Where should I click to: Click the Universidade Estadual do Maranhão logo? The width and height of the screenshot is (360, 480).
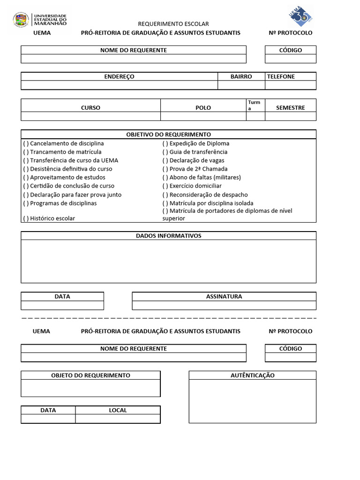40,20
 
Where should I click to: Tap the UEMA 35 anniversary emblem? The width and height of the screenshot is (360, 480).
299,16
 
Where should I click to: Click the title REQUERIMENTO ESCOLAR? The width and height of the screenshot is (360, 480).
173,24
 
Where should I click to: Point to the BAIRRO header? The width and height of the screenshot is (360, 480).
241,76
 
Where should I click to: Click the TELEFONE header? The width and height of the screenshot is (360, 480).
281,76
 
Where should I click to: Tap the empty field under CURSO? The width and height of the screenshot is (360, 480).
90,116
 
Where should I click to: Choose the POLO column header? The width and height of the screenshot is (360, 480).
203,107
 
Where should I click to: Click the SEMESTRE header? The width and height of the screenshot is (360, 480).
290,107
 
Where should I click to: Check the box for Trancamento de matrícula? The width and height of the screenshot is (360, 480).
26,152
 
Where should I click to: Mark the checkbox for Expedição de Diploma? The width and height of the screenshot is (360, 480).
165,143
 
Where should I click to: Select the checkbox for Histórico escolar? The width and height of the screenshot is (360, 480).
26,218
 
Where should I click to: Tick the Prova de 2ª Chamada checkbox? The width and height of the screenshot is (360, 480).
165,169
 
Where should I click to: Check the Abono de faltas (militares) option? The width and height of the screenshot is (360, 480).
165,177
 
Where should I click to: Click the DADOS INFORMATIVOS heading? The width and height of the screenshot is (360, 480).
168,236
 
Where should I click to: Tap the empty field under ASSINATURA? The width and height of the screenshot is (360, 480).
224,306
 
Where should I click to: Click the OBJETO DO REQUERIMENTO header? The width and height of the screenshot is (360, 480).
90,375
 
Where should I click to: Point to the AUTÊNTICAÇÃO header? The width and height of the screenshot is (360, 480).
252,375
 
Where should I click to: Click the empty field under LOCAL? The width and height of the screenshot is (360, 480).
118,419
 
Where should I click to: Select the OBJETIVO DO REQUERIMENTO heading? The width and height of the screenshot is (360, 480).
168,135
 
